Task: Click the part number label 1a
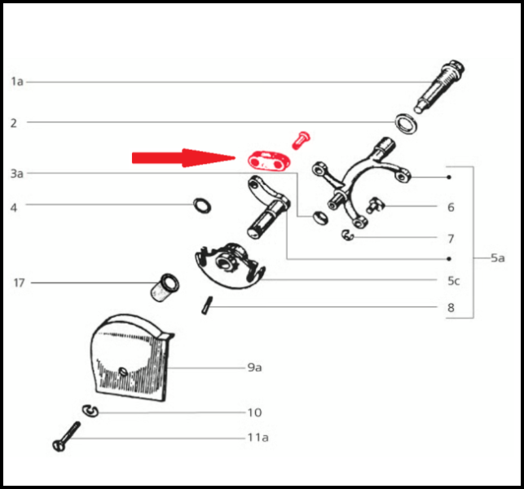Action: (x=17, y=81)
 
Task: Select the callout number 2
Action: (x=13, y=123)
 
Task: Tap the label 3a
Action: (x=17, y=174)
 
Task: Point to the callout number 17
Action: (x=19, y=283)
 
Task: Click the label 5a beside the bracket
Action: (x=498, y=258)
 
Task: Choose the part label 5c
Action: (x=454, y=281)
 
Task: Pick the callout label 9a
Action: (x=254, y=368)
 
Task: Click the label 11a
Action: (x=258, y=437)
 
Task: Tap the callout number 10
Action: (x=254, y=412)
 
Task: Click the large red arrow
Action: (x=184, y=158)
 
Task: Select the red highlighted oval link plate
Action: (x=269, y=161)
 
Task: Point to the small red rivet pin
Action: (x=301, y=140)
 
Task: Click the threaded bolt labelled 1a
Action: (x=438, y=86)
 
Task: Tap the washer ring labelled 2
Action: (x=406, y=124)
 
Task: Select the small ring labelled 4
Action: (x=202, y=205)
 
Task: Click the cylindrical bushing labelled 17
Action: (x=164, y=288)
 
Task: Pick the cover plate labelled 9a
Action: (x=131, y=358)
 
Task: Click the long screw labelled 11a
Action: (x=67, y=436)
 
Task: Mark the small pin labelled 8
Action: (x=207, y=305)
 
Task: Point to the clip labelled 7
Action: (x=347, y=236)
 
